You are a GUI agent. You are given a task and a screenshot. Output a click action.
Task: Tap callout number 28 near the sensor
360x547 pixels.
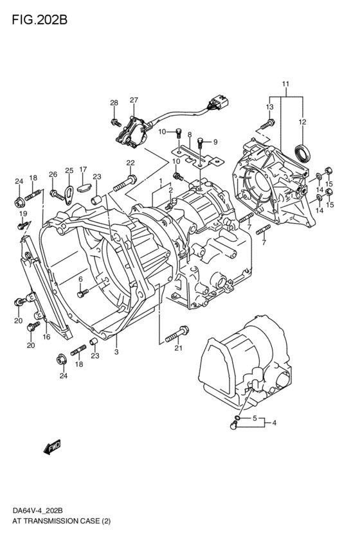[x=114, y=103]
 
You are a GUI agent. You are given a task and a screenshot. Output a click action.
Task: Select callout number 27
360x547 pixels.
[x=134, y=100]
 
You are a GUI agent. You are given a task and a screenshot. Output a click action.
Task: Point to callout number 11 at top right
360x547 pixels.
[x=285, y=84]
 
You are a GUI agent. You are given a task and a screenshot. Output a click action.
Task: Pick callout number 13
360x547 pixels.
[x=269, y=107]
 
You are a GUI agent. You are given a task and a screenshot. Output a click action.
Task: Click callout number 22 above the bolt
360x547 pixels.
[x=130, y=162]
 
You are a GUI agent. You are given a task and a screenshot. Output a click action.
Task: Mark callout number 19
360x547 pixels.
[x=22, y=213]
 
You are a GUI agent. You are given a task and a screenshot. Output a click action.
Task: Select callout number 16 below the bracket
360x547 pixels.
[x=46, y=336]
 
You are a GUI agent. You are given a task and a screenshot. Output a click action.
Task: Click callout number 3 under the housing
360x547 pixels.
[x=116, y=352]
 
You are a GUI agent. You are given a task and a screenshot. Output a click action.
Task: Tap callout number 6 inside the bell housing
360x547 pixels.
[x=81, y=278]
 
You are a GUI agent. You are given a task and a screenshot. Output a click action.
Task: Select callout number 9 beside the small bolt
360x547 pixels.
[x=215, y=142]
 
